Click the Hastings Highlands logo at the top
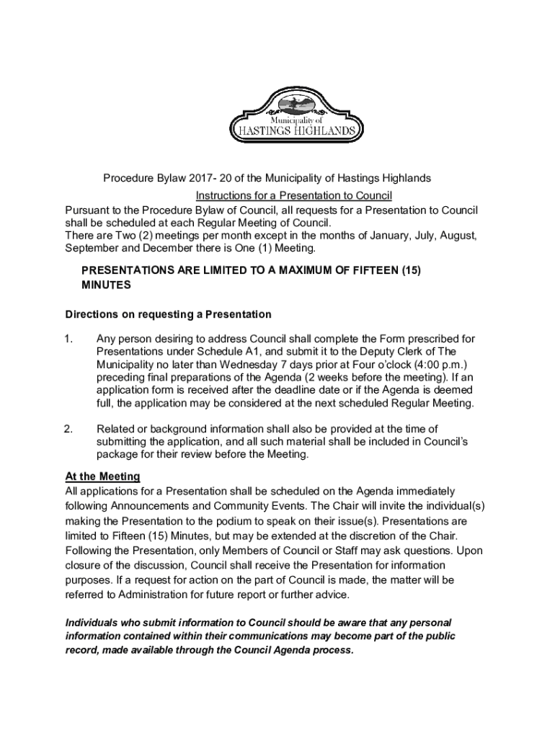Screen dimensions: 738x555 click(292, 117)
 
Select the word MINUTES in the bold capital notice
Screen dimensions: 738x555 click(106, 285)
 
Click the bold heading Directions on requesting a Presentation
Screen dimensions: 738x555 click(168, 314)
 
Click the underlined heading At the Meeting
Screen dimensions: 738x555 click(102, 476)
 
